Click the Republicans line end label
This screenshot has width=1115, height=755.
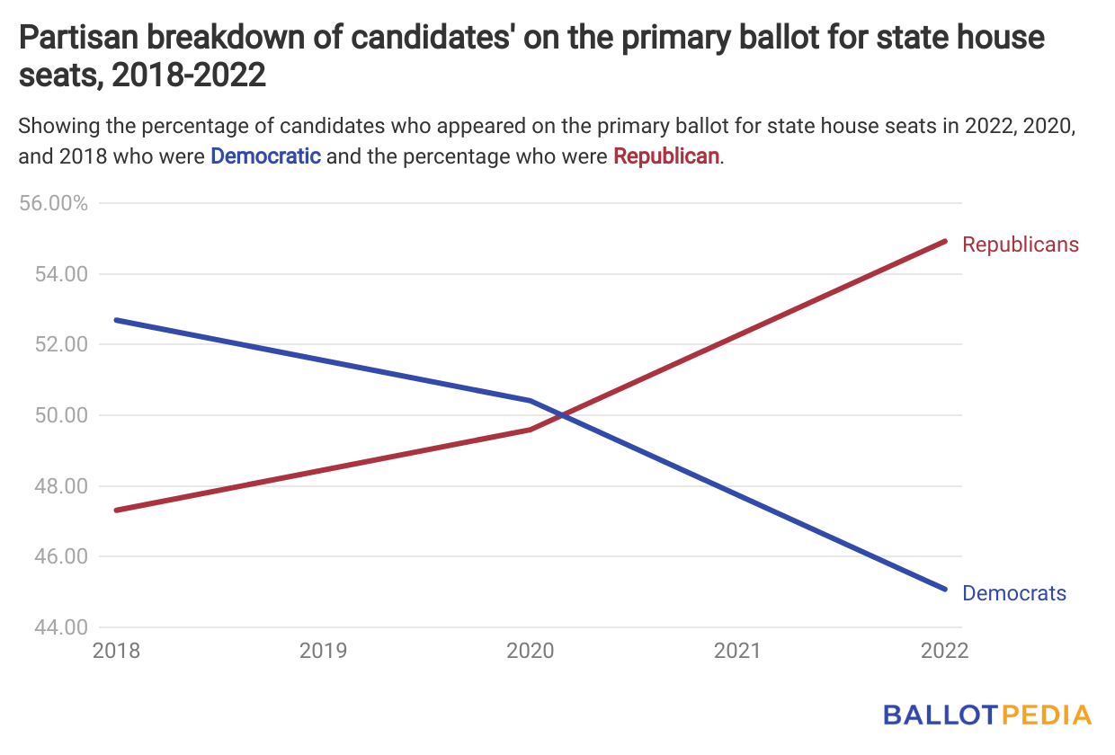pos(1020,244)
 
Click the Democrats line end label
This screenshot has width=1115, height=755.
pos(1013,593)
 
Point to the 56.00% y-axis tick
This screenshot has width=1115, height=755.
pos(55,203)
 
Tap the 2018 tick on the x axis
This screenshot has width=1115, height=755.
pos(116,651)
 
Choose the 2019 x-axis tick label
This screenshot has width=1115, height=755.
pos(323,651)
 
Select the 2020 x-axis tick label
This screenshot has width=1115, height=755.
pos(531,651)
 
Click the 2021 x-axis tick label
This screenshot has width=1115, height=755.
pos(737,651)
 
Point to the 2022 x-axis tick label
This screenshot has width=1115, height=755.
pos(944,651)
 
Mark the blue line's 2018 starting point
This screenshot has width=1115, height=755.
pos(117,320)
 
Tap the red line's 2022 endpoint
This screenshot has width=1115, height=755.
pos(945,241)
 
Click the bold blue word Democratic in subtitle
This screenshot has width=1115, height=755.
pos(265,155)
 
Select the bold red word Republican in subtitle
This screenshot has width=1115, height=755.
pos(666,155)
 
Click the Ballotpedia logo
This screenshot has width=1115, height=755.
pos(986,715)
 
